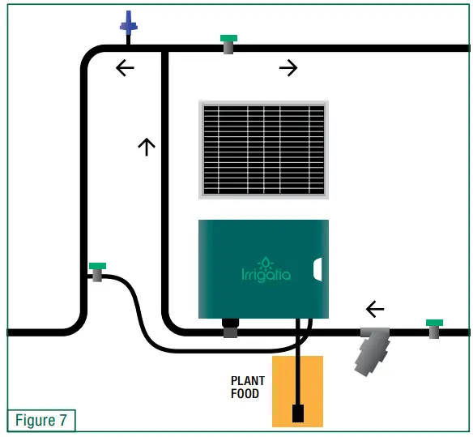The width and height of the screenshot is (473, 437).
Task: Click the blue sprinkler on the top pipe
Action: point(129,24)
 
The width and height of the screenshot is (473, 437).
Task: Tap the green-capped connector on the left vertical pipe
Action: point(98,271)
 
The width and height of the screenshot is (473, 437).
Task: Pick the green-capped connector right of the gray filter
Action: point(435,328)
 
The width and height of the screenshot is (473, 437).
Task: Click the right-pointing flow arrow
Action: point(288,69)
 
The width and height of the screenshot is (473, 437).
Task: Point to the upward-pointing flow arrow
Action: point(146,146)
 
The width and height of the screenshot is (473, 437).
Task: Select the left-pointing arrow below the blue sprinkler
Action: point(125,68)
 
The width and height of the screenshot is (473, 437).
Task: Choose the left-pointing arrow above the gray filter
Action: point(375,308)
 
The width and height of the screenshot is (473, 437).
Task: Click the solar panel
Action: point(264,149)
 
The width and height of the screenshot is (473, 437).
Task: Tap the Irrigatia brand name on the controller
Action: point(266,274)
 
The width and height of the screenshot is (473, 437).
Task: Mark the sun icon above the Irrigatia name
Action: point(265,261)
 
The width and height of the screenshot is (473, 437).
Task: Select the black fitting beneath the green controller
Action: point(230,327)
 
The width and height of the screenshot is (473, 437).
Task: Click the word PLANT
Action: point(248,380)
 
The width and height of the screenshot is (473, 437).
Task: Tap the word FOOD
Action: point(245,394)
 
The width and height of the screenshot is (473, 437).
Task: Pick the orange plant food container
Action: point(297,390)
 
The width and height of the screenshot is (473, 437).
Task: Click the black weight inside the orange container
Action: point(298,413)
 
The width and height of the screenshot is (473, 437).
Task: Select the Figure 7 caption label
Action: point(41,421)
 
